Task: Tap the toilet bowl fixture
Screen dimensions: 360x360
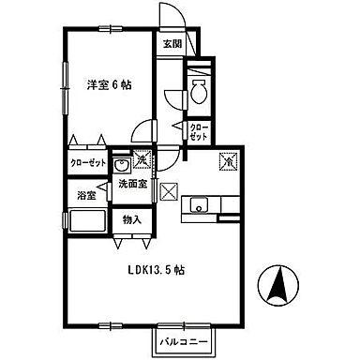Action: [199, 92]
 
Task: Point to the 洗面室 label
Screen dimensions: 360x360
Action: [133, 185]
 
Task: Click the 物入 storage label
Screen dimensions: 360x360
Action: [131, 220]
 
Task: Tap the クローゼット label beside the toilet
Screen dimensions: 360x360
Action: [199, 130]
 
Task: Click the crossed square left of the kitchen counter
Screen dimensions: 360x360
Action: [169, 192]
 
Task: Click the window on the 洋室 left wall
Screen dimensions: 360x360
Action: [66, 84]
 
